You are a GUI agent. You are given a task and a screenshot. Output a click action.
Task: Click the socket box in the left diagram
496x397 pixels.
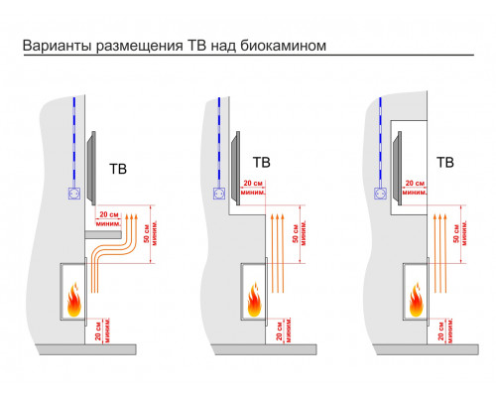[73, 196]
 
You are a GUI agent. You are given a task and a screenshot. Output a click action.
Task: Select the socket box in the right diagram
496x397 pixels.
[382, 194]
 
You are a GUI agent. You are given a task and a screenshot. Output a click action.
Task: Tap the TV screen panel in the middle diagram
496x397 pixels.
[233, 163]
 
